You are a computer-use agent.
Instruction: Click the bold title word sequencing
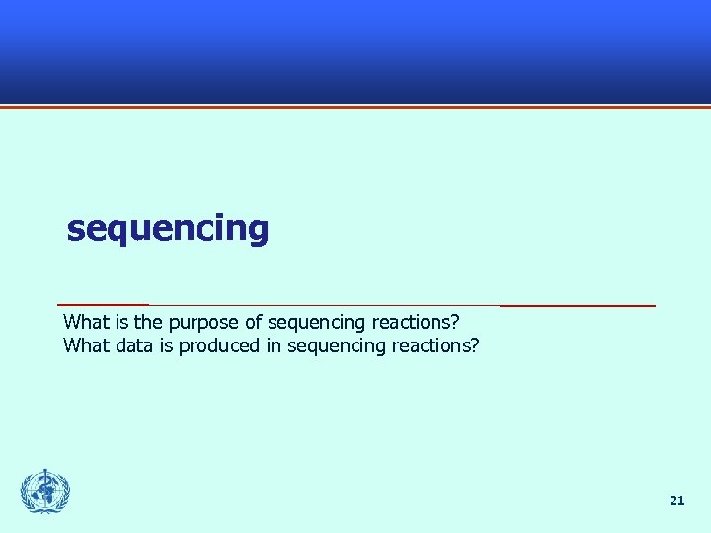pyautogui.click(x=167, y=229)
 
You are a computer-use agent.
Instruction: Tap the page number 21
pyautogui.click(x=676, y=501)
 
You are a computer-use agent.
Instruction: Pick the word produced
pyautogui.click(x=219, y=345)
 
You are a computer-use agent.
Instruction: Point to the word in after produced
pyautogui.click(x=273, y=345)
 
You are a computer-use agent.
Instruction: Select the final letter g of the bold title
pyautogui.click(x=258, y=232)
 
